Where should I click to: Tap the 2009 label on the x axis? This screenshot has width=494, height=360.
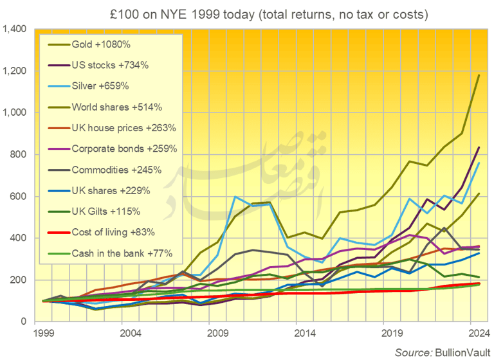pos(218,334)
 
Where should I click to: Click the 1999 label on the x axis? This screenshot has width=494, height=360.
pos(44,334)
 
